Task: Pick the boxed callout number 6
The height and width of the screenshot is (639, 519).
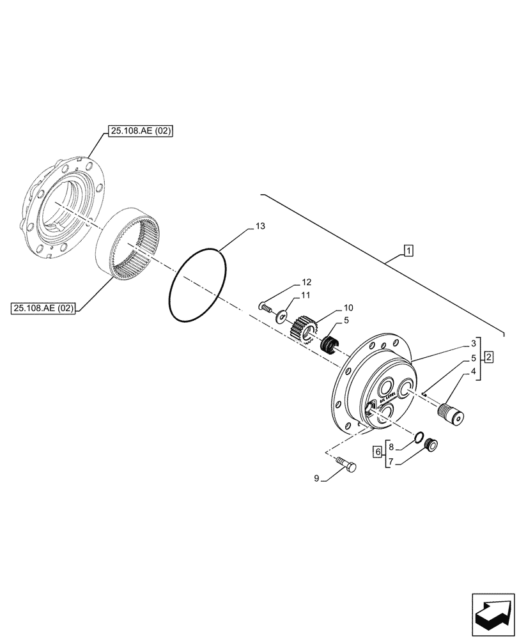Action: coord(378,450)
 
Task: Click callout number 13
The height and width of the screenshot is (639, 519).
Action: coord(259,227)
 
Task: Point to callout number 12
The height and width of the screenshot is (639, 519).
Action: coord(307,282)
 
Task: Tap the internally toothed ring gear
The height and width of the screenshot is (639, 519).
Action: coord(131,242)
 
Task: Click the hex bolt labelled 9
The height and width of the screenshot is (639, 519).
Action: coord(346,466)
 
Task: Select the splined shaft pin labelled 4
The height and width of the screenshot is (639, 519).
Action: coord(452,412)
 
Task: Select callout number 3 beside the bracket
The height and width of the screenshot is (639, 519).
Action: coord(474,343)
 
